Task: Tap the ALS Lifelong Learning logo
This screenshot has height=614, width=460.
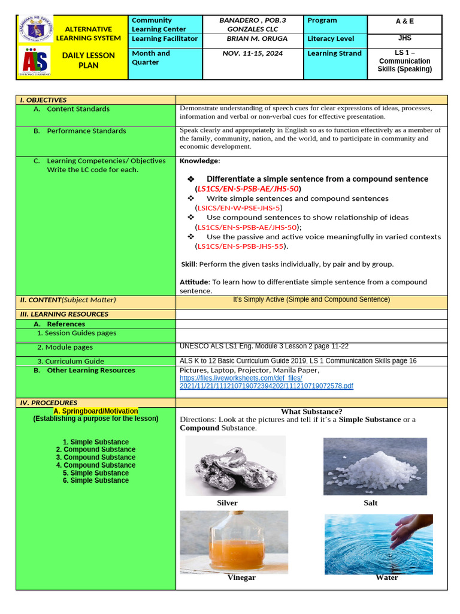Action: [35, 61]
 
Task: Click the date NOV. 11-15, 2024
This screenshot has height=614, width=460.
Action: [252, 53]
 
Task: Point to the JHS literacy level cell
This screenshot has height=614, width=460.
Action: [404, 38]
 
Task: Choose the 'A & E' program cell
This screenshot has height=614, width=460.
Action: [404, 21]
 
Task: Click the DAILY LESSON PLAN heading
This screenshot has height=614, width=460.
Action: [88, 60]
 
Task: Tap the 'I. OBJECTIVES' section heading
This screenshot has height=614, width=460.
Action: [43, 100]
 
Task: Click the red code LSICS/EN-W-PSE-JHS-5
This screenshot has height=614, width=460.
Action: [238, 208]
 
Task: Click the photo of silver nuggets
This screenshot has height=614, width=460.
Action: [235, 466]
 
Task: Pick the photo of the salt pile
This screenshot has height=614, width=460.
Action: [375, 466]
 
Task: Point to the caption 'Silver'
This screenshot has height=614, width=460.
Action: [227, 503]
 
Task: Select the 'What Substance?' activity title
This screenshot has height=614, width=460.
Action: [311, 411]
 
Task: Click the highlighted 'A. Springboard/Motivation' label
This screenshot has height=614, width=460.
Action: [96, 411]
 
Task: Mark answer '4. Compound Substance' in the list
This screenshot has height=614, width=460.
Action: [96, 465]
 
